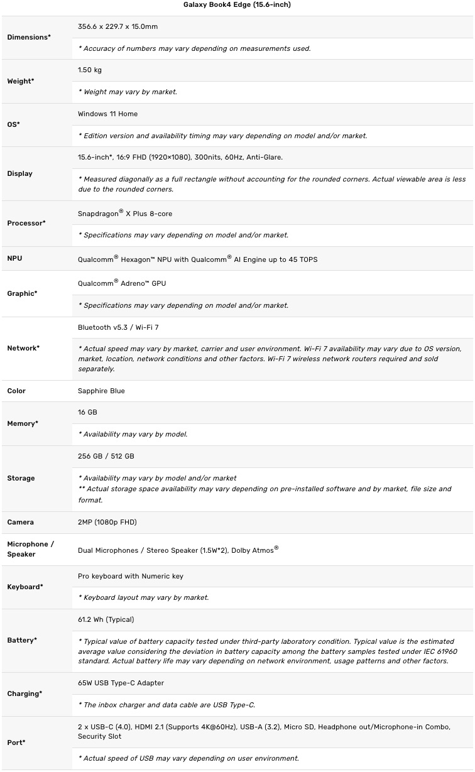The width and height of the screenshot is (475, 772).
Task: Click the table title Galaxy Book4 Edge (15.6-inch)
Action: [x=237, y=4]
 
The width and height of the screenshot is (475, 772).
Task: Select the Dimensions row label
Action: [x=28, y=37]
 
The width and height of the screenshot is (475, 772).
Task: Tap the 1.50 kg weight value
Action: [x=89, y=70]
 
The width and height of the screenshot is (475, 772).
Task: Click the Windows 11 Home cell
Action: [x=107, y=114]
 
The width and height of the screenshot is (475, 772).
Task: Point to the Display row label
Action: [x=19, y=173]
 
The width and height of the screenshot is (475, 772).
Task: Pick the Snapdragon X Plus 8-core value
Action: [x=125, y=214]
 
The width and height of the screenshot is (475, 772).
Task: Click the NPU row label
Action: [x=14, y=258]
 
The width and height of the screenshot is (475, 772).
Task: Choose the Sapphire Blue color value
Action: [x=101, y=391]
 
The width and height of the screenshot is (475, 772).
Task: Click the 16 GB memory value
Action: [x=87, y=412]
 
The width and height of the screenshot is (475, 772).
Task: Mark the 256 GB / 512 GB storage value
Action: [x=106, y=456]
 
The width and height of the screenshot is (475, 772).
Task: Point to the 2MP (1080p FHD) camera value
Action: [x=107, y=522]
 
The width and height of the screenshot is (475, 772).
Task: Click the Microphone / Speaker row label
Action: [x=27, y=549]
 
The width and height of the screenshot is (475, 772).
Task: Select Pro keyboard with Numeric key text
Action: [x=131, y=576]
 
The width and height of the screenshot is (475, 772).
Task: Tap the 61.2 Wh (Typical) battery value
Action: [x=106, y=619]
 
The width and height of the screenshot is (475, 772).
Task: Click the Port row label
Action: [x=16, y=742]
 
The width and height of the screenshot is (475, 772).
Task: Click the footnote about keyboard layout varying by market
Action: [x=143, y=597]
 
